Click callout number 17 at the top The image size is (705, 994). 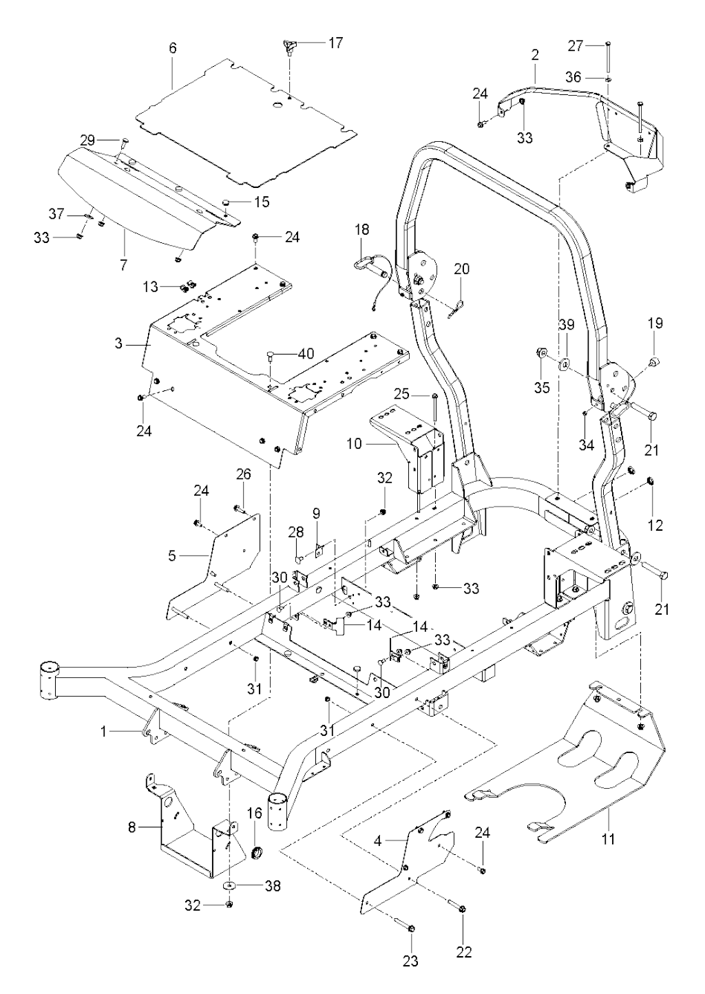click(335, 43)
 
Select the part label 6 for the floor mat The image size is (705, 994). click(173, 48)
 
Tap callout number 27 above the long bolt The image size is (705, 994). click(576, 46)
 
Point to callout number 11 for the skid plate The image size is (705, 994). click(609, 839)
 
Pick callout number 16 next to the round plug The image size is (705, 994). click(254, 814)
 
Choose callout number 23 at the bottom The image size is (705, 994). click(410, 961)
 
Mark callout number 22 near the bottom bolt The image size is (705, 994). click(464, 953)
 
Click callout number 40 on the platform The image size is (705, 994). click(305, 354)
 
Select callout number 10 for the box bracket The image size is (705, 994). click(354, 445)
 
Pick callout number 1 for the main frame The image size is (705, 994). click(104, 732)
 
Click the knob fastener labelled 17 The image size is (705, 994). click(289, 48)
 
